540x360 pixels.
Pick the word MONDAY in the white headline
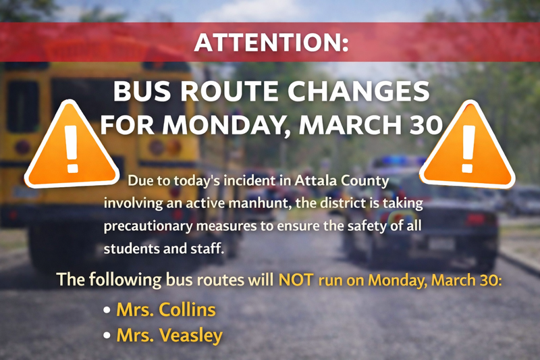(223, 124)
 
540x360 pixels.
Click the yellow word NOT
(295, 279)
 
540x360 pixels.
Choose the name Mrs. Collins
(166, 310)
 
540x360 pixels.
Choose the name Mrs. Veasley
(169, 335)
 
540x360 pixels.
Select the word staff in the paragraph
(207, 248)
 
